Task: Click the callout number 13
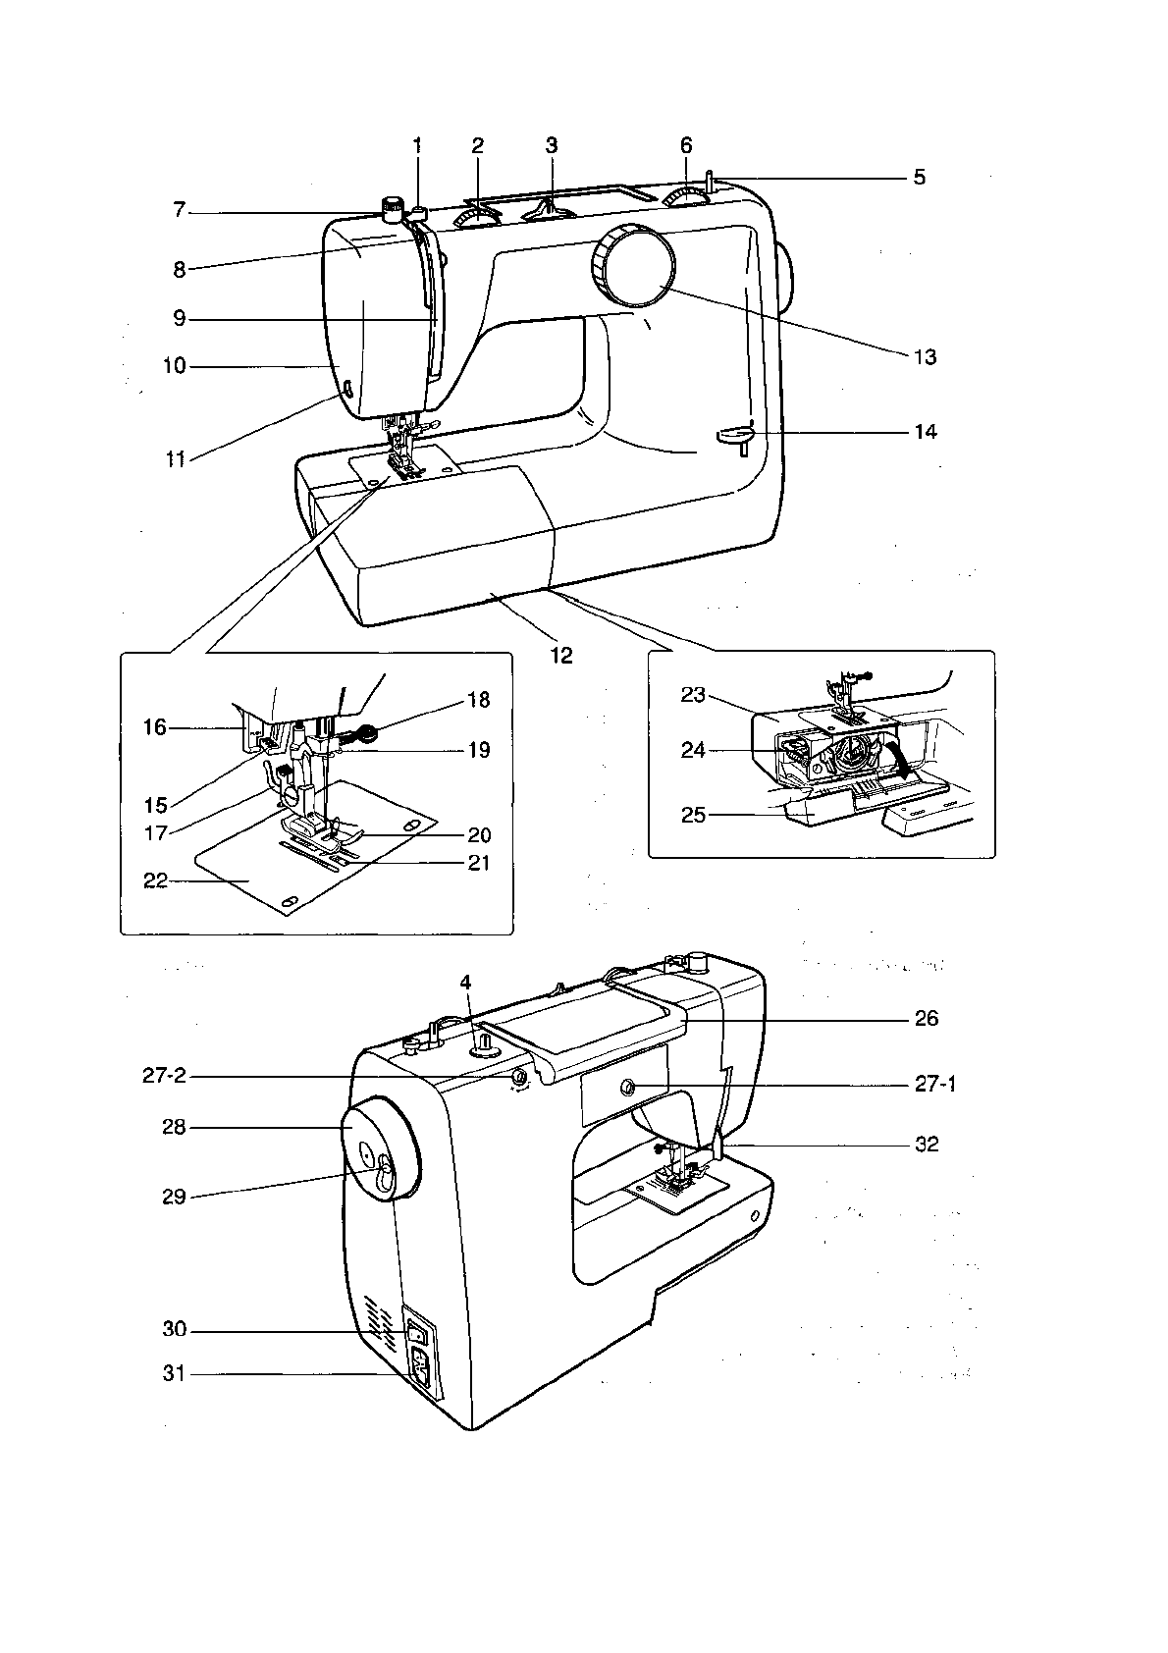coord(925,357)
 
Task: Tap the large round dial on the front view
coord(634,265)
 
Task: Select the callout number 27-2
coord(164,1077)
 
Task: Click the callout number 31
coord(174,1374)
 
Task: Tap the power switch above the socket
coord(418,1334)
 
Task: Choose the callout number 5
coord(919,178)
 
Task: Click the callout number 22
coord(155,880)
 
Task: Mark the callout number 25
coord(693,815)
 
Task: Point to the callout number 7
coord(180,210)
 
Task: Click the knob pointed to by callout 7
coord(393,207)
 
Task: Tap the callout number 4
coord(466,982)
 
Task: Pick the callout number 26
coord(926,1019)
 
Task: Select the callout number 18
coord(478,700)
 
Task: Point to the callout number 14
coord(925,432)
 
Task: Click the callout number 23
coord(693,695)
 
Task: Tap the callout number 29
coord(174,1198)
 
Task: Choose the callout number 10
coord(174,366)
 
